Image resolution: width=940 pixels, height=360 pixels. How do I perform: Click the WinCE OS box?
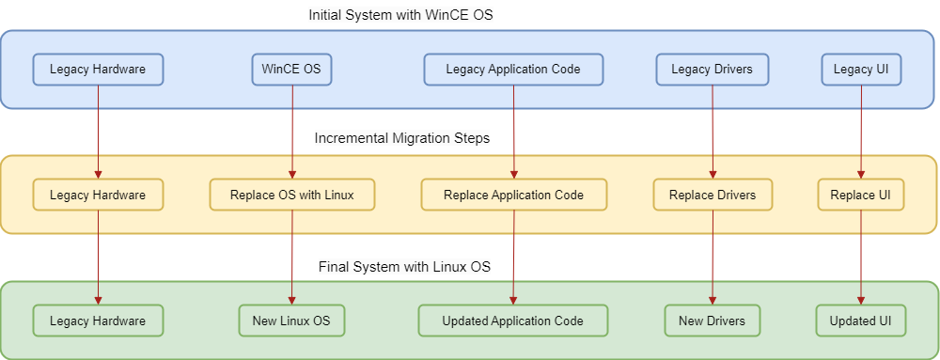click(291, 70)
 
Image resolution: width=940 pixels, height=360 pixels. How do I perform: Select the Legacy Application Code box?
click(513, 70)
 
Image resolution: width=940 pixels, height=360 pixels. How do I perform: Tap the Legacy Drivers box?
click(712, 70)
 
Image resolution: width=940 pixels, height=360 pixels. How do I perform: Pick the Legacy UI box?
click(861, 70)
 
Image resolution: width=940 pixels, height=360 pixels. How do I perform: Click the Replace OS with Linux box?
click(291, 195)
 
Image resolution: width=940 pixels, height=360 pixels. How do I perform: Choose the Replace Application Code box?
click(513, 195)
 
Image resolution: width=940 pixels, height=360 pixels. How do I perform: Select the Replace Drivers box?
click(712, 195)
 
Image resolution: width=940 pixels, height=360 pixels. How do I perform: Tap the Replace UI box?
click(861, 195)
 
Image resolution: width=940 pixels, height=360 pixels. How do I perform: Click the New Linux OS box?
click(291, 321)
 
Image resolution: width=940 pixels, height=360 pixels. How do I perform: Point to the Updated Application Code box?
click(513, 321)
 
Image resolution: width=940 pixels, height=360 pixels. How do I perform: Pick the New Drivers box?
click(712, 321)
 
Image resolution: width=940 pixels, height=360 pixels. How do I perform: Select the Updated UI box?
click(861, 321)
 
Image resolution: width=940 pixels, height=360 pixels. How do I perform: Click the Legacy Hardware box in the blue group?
click(98, 70)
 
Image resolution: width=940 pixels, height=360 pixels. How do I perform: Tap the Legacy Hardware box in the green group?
click(98, 321)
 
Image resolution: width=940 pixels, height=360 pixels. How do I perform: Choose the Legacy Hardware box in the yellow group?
click(98, 195)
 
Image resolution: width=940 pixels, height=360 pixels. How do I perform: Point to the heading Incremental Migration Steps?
click(402, 138)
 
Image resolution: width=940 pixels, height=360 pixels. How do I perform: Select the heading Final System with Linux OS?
click(404, 267)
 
